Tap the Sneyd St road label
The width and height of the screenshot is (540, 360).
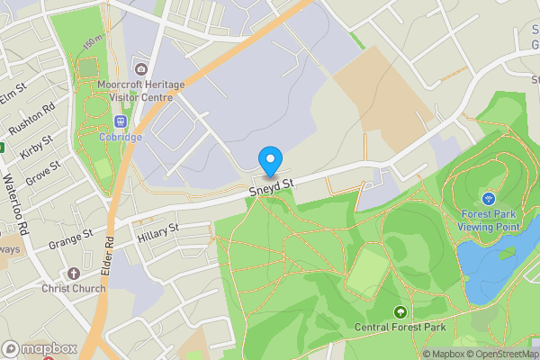273,185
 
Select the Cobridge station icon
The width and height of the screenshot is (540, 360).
120,121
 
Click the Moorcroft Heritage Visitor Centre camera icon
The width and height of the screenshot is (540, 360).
139,69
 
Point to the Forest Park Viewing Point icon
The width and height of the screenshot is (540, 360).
489,198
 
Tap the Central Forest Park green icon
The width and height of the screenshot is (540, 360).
400,311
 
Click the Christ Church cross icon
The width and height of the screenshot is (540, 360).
74,273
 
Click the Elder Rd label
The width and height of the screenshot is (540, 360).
109,254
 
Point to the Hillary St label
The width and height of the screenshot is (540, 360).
158,233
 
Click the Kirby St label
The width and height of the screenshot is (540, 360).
36,144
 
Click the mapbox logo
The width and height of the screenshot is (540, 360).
40,348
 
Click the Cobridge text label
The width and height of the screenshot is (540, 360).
121,137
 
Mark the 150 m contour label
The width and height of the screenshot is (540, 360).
92,43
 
